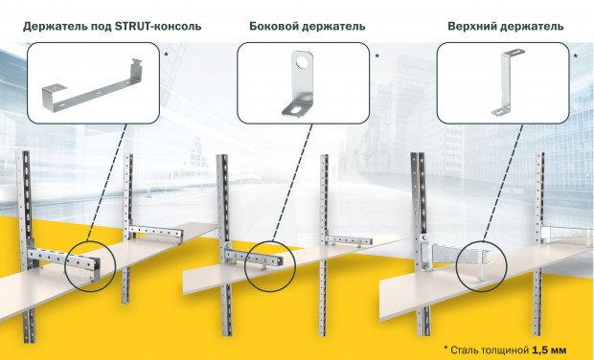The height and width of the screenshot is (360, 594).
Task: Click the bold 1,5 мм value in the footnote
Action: (x=549, y=349)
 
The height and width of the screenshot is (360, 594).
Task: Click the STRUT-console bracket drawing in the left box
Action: (x=93, y=86)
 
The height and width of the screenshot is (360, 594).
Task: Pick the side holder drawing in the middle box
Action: (x=299, y=83)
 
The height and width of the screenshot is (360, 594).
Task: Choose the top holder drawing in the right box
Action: (x=507, y=81)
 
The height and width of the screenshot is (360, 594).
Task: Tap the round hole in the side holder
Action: (x=303, y=62)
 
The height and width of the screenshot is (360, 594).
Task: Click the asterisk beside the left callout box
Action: (x=166, y=56)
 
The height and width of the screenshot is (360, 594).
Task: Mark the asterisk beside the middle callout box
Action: (x=377, y=56)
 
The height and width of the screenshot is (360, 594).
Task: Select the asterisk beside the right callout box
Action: (x=576, y=56)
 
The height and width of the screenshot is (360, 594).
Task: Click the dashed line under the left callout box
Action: (x=106, y=182)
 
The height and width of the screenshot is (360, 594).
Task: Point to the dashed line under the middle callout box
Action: (x=291, y=182)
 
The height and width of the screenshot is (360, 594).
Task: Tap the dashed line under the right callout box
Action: (x=503, y=182)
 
